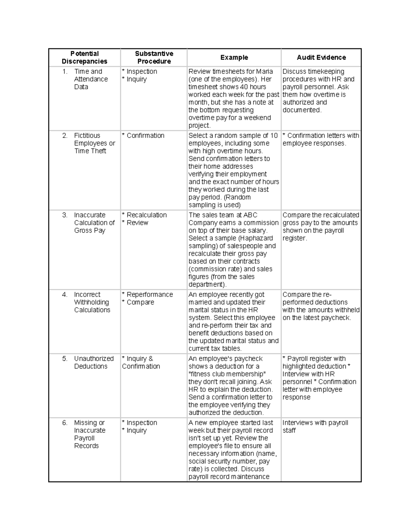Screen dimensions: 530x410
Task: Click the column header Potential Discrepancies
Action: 84,57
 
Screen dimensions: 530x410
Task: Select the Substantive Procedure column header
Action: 154,57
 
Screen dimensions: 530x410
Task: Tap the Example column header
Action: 234,57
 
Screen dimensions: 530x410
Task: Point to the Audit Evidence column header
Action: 321,57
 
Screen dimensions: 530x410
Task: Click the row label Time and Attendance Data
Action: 91,79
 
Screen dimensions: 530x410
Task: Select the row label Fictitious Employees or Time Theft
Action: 94,143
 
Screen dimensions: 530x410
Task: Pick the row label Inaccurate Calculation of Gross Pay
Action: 94,223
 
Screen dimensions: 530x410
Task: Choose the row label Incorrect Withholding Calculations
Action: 92,302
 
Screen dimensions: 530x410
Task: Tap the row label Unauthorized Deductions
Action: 94,362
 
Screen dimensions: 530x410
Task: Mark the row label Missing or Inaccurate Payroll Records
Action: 89,434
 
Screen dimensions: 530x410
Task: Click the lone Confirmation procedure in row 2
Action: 145,136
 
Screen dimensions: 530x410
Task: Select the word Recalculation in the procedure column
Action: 147,215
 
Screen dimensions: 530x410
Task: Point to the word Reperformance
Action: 150,295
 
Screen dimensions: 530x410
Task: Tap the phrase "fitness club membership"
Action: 227,374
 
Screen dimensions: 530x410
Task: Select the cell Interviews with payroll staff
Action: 315,427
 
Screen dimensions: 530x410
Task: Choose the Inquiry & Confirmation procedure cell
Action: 141,362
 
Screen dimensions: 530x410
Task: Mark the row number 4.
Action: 65,295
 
